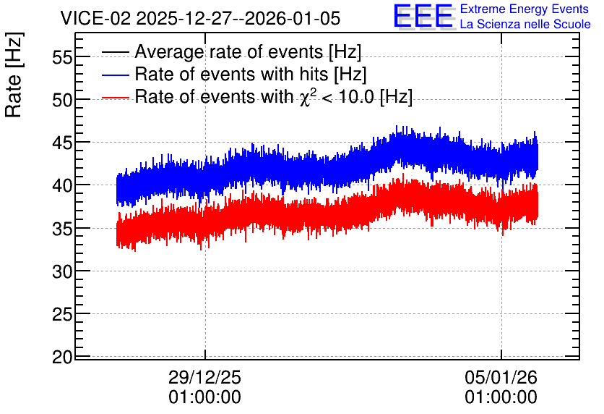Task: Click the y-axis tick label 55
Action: pos(62,58)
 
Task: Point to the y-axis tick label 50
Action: pos(62,101)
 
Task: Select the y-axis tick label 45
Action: pos(62,143)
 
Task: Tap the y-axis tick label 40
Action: pos(62,186)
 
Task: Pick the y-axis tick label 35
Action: pos(62,229)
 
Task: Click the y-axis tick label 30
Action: pos(62,272)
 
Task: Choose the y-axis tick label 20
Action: pos(62,358)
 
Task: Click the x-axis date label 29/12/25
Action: pos(204,377)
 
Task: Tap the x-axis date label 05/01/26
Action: pos(501,377)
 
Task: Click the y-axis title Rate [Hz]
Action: pos(14,75)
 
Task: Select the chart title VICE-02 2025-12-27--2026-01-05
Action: pos(200,18)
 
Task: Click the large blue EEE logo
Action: pos(424,16)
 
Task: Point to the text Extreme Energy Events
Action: pos(525,9)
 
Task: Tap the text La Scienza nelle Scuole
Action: pos(525,24)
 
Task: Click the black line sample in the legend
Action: pos(116,52)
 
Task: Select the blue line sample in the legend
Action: pos(116,75)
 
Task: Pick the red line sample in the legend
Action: pos(116,98)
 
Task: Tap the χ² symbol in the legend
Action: pos(307,97)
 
